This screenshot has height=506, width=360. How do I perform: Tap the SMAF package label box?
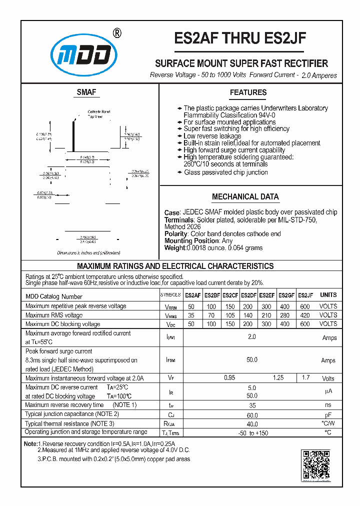[86, 92]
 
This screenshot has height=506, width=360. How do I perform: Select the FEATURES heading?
[248, 92]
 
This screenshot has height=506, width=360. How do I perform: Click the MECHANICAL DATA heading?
[245, 197]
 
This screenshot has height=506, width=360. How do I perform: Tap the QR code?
[315, 464]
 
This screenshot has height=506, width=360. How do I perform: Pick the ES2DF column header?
[248, 295]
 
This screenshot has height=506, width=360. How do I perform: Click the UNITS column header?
[328, 295]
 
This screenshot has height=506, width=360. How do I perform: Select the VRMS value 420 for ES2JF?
[304, 315]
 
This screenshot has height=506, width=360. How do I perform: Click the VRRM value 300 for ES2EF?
[267, 306]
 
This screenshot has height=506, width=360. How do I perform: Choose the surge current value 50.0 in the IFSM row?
[252, 360]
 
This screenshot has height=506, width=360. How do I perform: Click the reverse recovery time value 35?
[252, 405]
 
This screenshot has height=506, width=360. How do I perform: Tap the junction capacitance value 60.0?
[252, 415]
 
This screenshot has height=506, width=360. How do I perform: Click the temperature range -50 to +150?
[252, 433]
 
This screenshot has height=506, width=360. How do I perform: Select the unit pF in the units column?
[328, 415]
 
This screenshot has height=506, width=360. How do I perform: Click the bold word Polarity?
[175, 233]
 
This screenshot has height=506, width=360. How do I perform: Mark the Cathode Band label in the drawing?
[98, 111]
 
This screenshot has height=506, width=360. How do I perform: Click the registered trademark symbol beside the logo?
[116, 33]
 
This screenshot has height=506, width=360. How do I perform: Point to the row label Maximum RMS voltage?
[54, 315]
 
